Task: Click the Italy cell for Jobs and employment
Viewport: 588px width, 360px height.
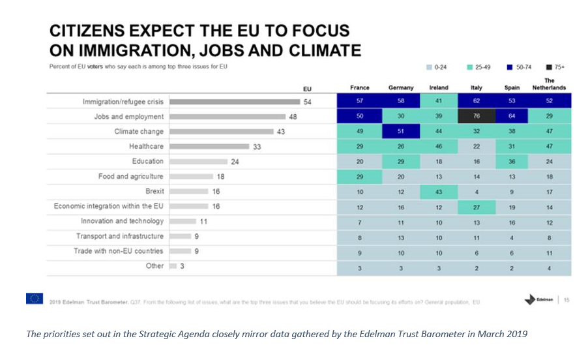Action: pos(477,117)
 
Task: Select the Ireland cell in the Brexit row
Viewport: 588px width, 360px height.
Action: pos(438,192)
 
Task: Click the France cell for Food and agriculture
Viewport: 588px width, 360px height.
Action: pos(359,176)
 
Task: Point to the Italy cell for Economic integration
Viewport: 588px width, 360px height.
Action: pos(477,207)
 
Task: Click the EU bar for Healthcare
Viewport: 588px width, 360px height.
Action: pos(209,147)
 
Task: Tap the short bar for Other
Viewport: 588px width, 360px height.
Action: pos(173,266)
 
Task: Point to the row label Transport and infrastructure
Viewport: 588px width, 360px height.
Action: pos(120,236)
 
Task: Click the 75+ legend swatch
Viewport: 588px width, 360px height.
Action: pos(550,67)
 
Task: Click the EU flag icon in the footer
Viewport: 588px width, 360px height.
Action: pos(35,299)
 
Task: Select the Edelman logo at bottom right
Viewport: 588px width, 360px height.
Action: pos(538,299)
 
